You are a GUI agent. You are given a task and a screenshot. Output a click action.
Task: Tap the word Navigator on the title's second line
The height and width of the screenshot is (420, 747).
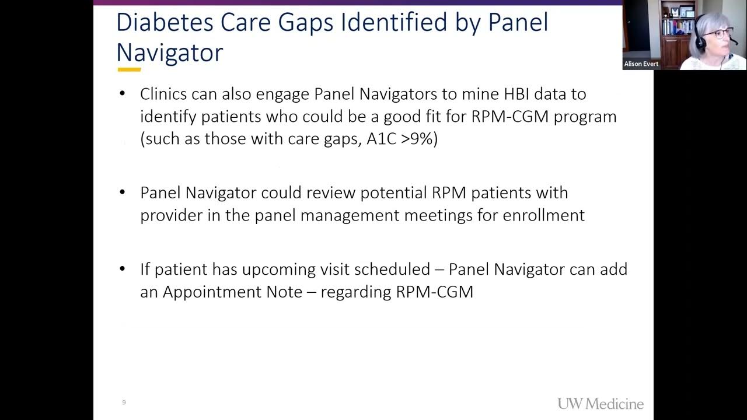point(170,52)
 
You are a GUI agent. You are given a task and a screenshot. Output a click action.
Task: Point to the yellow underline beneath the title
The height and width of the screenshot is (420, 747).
point(129,69)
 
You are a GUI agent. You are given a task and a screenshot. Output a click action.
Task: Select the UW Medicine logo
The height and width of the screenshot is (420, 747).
point(601,404)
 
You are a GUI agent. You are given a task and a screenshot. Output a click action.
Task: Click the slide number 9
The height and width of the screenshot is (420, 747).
point(124,402)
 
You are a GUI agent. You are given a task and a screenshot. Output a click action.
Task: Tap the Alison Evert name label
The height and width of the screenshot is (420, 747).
point(641,64)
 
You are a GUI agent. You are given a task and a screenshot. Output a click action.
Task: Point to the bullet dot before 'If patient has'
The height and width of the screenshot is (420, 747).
point(122,269)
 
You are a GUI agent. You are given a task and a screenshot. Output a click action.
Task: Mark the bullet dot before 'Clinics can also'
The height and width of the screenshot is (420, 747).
point(122,93)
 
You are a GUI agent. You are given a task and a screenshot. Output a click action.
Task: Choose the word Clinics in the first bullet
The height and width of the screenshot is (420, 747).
point(163,94)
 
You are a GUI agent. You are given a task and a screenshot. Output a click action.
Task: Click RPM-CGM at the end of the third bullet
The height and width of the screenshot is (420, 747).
point(434,292)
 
